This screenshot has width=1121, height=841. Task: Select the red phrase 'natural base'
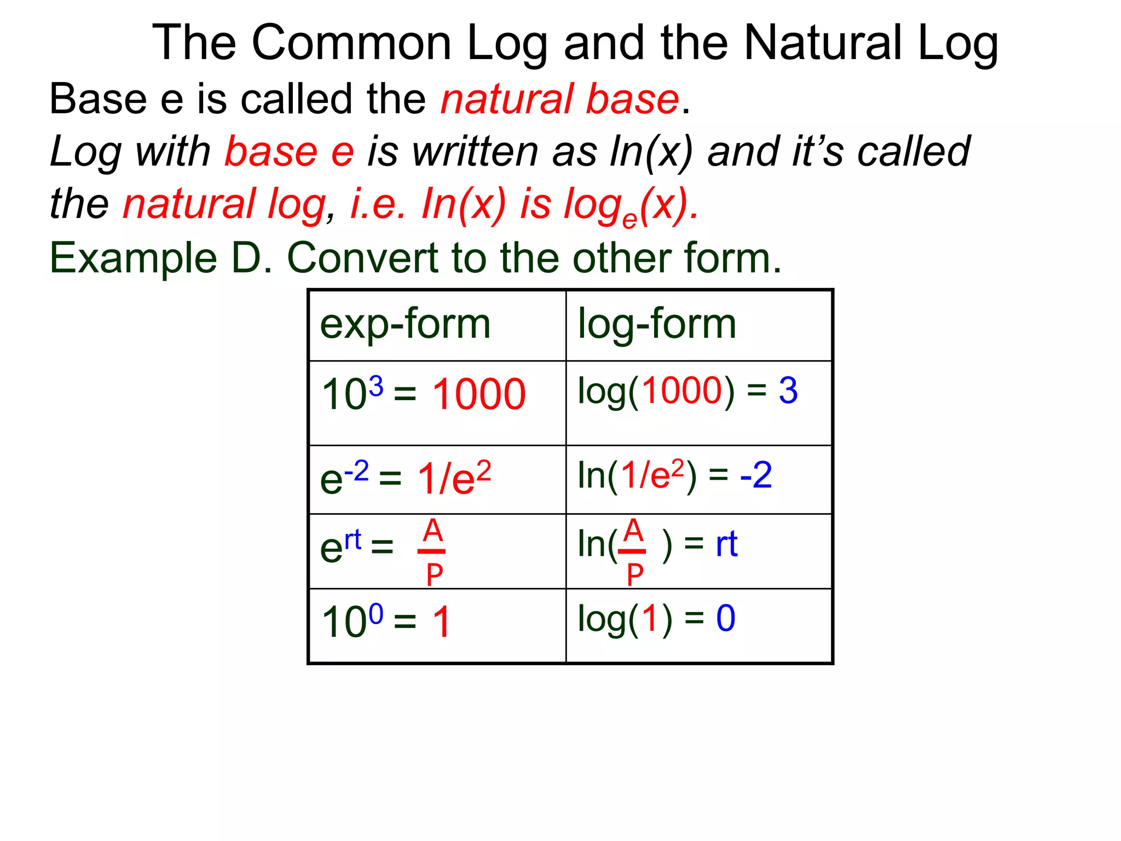pos(559,99)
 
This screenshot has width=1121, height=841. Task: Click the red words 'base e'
pos(289,152)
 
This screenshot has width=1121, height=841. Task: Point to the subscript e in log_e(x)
pos(629,219)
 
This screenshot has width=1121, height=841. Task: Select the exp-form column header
pos(405,324)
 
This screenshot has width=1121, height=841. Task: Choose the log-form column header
pos(657,324)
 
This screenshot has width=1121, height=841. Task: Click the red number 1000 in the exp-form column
pos(479,394)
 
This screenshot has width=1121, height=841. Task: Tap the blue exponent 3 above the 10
pos(376,387)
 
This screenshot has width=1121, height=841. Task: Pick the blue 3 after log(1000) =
pos(788,391)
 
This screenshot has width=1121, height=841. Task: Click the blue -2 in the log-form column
pos(756,475)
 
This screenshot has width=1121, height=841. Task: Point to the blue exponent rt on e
pos(353,539)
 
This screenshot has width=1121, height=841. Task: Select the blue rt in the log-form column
pos(727,544)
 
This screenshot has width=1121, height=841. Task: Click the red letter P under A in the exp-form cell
pos(434,575)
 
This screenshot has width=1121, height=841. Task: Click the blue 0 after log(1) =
pos(726,619)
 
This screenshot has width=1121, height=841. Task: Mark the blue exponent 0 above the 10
pos(376,614)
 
